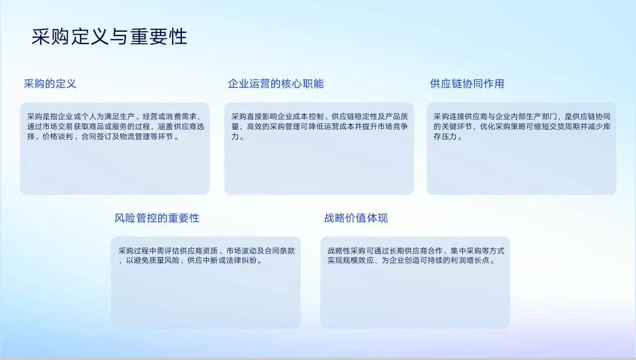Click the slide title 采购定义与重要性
click(110, 37)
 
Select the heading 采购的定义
click(50, 84)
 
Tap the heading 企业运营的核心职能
click(276, 84)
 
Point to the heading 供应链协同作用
click(467, 84)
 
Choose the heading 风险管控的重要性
click(157, 218)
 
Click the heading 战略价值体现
click(356, 218)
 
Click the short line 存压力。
click(448, 137)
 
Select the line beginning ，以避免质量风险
click(190, 260)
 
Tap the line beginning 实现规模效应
click(411, 260)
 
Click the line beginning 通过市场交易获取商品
click(115, 127)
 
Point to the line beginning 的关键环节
click(521, 127)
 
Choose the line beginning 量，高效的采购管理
click(319, 127)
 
